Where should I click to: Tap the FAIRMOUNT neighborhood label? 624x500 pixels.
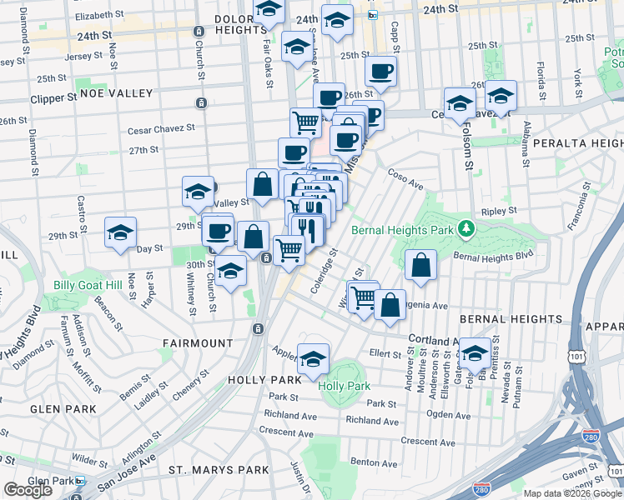pyautogui.click(x=198, y=342)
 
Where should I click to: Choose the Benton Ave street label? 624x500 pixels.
pyautogui.click(x=373, y=461)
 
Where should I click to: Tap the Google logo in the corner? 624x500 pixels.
pyautogui.click(x=28, y=490)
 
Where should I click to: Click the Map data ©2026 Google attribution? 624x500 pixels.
pyautogui.click(x=571, y=493)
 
